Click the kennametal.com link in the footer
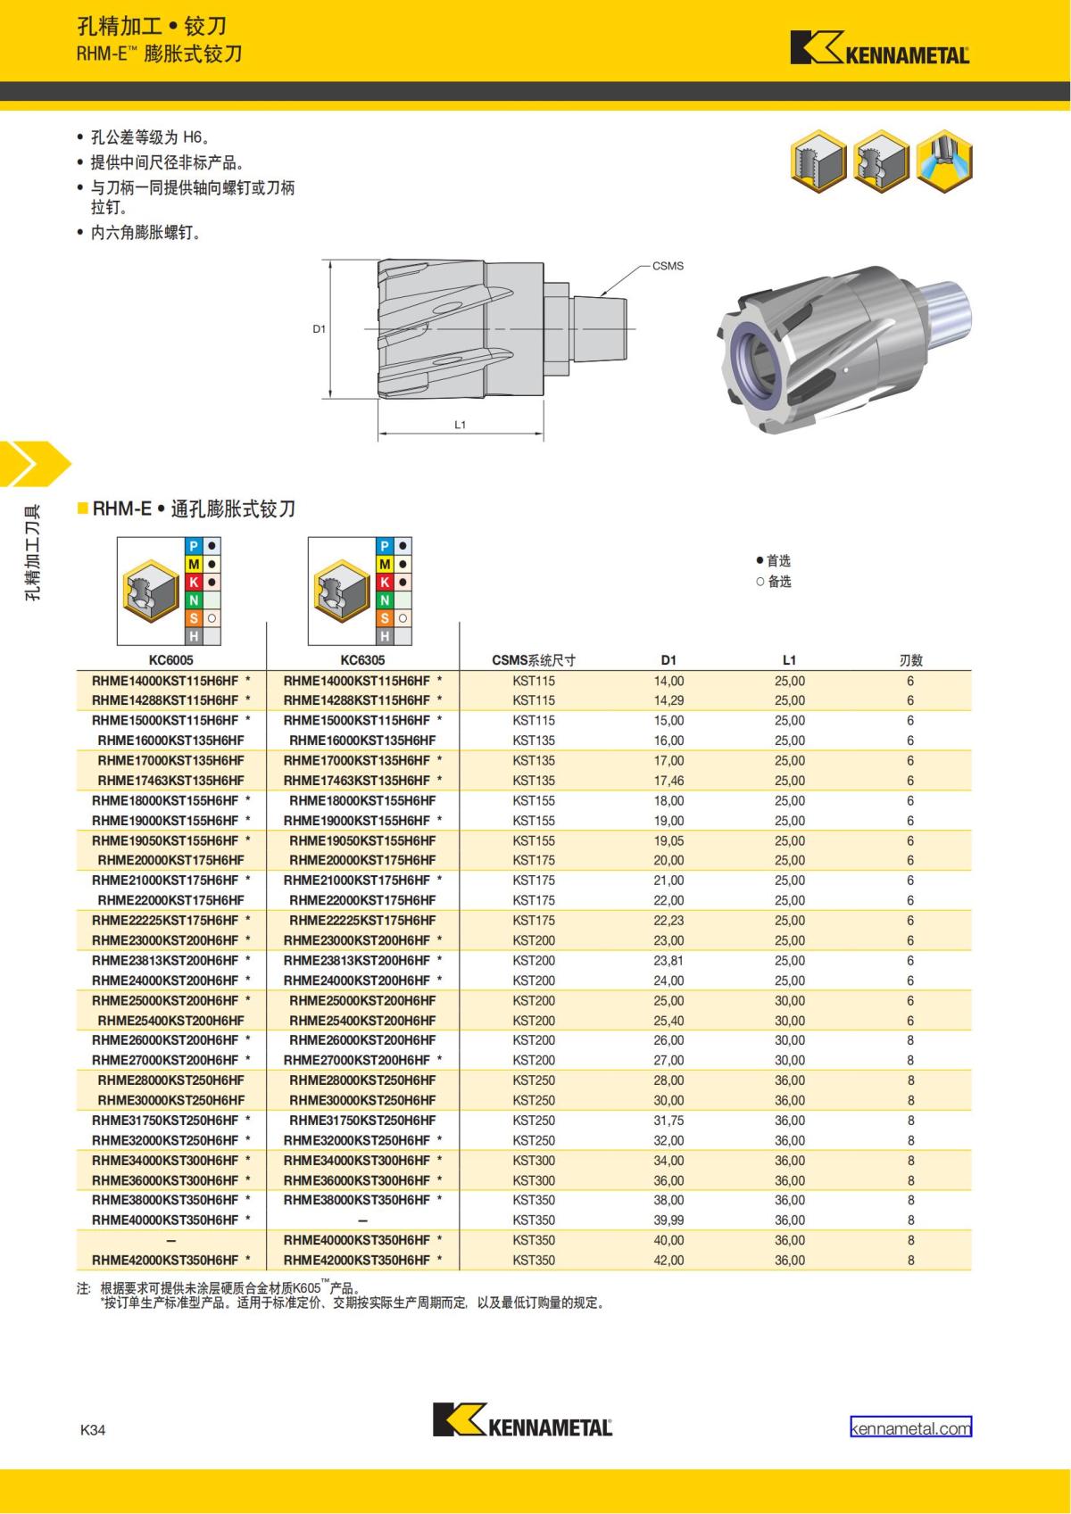point(910,1427)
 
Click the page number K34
point(93,1429)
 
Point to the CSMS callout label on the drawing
point(668,266)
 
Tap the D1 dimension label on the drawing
point(319,328)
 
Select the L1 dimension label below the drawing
point(461,425)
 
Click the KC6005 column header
point(170,660)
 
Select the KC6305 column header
point(362,660)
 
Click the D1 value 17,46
point(668,781)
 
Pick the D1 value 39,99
point(668,1220)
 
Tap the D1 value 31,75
point(668,1120)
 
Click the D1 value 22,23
point(668,920)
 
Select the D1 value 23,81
point(668,960)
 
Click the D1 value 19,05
point(668,840)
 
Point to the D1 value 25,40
point(668,1020)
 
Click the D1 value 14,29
point(668,700)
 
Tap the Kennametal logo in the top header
point(879,50)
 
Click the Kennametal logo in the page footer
point(522,1419)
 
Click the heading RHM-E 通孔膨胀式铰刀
point(194,509)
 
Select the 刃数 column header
point(910,660)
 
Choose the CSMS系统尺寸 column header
point(534,660)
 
